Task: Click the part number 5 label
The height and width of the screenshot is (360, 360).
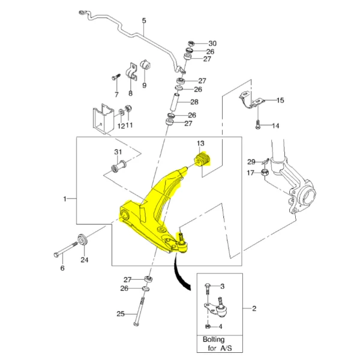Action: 144,21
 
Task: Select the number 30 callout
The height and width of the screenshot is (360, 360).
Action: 212,44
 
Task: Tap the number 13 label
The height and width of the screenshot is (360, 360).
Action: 200,143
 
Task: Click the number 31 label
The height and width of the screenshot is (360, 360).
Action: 118,151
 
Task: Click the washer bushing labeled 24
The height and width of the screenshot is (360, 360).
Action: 83,239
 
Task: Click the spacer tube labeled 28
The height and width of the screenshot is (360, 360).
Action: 176,99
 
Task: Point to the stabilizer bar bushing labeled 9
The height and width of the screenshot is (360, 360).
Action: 146,65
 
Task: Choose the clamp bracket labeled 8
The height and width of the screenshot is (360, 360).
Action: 132,71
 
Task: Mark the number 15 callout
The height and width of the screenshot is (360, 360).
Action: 280,101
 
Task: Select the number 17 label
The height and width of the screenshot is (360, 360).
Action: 251,173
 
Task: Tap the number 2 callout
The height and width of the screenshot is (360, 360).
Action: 254,309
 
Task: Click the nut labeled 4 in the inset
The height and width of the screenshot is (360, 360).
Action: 208,326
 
